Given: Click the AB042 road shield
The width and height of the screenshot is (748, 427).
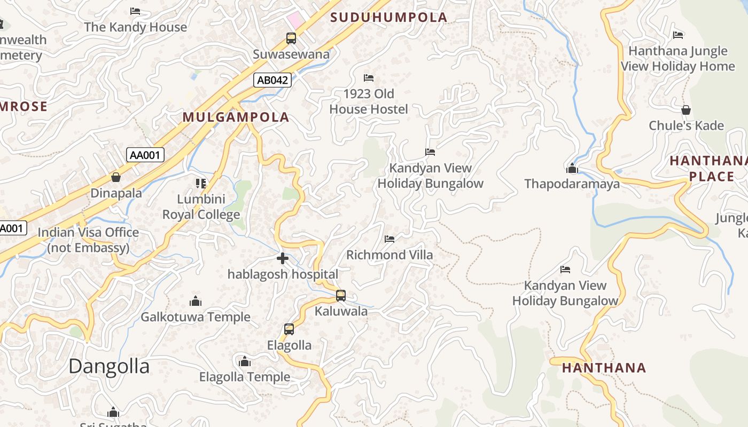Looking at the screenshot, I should tap(272, 81).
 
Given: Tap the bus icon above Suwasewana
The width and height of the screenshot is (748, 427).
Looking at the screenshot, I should tap(291, 38).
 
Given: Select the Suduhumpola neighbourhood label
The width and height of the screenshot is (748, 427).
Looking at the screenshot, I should tap(388, 17).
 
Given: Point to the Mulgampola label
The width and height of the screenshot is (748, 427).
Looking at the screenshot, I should tap(236, 117).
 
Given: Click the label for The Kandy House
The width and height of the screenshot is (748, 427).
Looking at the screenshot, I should tap(136, 27).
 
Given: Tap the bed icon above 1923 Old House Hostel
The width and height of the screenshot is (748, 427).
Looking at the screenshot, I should tap(368, 78).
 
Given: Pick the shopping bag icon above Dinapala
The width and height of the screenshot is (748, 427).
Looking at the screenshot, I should tap(116, 177).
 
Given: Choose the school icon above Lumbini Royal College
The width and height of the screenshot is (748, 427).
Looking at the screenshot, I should tap(201, 184).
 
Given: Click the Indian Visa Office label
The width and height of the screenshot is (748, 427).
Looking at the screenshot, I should tap(88, 240).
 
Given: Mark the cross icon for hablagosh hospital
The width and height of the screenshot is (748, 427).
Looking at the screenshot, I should tap(283, 259).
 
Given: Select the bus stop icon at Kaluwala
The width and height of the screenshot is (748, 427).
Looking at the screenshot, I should tap(341, 295).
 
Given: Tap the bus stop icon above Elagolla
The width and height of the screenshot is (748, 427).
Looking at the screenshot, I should tap(289, 329).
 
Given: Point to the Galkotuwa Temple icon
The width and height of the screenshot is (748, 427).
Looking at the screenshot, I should tap(196, 301).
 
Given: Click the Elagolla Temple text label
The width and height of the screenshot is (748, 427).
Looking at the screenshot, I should tap(245, 377).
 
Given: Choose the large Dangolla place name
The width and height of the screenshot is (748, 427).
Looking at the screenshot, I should tap(109, 366).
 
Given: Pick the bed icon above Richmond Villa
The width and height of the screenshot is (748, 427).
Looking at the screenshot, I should tap(389, 239).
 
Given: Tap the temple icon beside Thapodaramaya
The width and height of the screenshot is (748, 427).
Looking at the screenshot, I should tap(572, 169).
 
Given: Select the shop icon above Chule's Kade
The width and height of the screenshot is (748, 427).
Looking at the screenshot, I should tap(686, 110).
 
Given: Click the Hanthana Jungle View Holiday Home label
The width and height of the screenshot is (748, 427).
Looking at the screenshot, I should tap(678, 59).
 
